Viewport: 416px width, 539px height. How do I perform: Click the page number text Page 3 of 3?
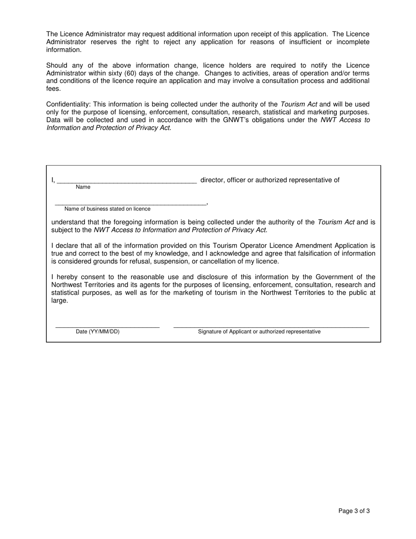click(x=354, y=511)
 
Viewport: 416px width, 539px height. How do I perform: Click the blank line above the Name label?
click(x=127, y=181)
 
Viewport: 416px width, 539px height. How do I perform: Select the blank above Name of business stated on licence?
click(x=130, y=203)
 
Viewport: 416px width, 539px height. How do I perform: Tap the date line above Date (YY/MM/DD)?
click(x=107, y=326)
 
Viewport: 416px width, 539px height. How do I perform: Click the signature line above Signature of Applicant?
click(x=271, y=326)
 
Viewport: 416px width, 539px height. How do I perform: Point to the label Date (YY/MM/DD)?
click(x=98, y=332)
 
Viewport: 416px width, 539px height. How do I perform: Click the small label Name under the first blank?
click(x=83, y=187)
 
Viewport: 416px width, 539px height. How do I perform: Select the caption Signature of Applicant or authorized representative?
click(x=259, y=332)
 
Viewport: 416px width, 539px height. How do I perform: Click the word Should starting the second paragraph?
click(x=56, y=65)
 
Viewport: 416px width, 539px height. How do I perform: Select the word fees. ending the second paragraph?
click(x=53, y=89)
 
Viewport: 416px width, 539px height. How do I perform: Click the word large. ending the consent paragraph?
click(x=60, y=301)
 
